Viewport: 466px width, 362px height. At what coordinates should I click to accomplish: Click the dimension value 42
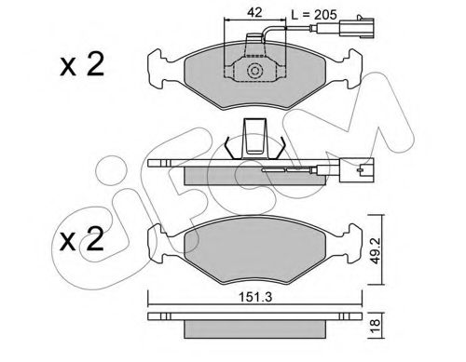[254, 12]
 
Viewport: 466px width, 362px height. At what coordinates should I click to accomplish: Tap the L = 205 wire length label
[314, 14]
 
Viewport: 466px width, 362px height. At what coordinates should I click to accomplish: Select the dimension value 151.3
[255, 297]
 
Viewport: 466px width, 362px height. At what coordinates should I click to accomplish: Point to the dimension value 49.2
[376, 251]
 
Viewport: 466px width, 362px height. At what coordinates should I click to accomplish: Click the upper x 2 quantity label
[82, 65]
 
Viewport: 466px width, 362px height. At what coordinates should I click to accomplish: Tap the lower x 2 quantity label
[82, 239]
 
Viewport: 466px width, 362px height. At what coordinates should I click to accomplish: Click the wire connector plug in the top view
[357, 28]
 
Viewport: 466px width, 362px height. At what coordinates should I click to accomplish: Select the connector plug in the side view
[357, 170]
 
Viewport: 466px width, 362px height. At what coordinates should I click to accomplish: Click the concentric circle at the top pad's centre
[254, 71]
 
